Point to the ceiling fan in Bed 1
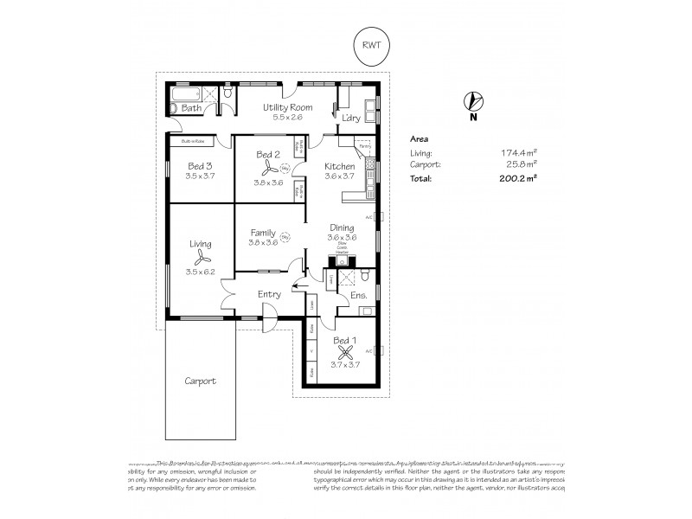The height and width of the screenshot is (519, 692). pos(344,352)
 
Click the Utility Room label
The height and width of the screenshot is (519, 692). pos(288,107)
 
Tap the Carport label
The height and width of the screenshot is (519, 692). pos(199,381)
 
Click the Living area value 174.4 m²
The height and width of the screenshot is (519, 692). pos(519,152)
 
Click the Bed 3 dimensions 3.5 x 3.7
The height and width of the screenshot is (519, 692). pos(199,176)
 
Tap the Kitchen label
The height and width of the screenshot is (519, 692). pos(340,166)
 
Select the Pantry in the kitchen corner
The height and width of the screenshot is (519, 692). pos(363,145)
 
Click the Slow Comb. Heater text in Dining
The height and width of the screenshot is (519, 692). pos(342,250)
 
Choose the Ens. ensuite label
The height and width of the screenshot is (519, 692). pos(359,296)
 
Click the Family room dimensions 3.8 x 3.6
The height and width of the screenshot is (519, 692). pos(263,242)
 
